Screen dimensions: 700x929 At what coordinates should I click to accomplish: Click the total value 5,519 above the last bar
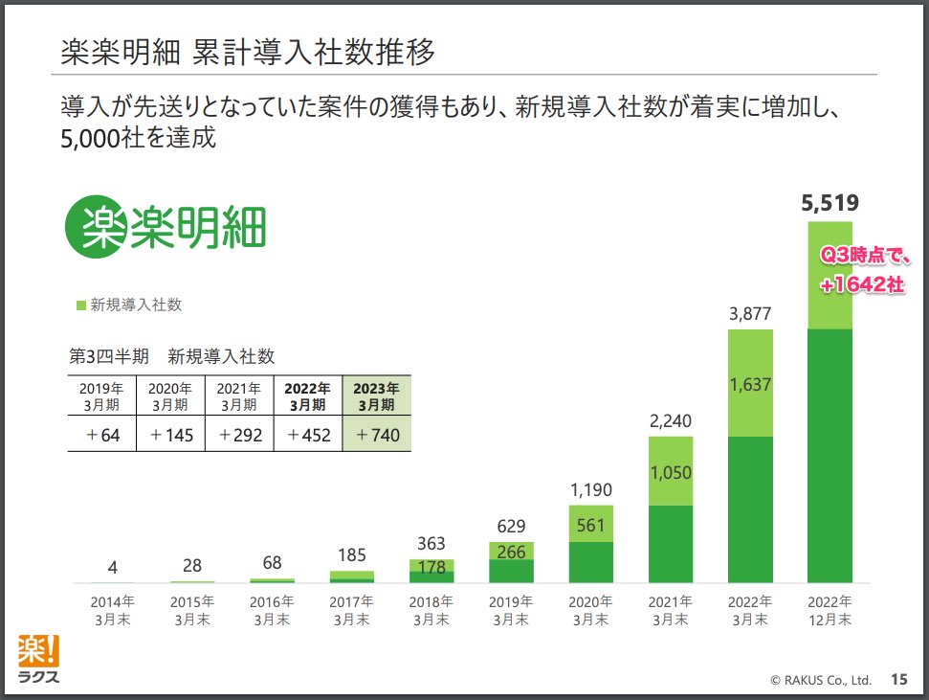(830, 202)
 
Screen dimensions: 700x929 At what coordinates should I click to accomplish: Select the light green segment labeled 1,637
(750, 383)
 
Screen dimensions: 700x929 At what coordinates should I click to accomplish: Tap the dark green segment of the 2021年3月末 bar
(671, 544)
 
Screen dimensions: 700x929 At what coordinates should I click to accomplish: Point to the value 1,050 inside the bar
(671, 472)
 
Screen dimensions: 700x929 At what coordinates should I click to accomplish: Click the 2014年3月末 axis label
(113, 611)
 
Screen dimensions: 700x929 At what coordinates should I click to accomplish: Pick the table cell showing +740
(376, 435)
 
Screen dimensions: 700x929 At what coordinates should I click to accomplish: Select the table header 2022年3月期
(308, 395)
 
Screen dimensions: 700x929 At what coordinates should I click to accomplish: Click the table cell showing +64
(101, 435)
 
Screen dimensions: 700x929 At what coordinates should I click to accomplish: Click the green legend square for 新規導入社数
(80, 305)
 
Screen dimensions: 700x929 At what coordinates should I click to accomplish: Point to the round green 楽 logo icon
(96, 228)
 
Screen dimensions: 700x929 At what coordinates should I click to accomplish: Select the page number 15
(898, 680)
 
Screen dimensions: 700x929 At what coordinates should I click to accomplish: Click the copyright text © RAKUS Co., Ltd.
(820, 681)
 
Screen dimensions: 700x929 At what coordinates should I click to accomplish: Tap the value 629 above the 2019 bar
(511, 526)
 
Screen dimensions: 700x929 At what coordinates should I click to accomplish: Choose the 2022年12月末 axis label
(830, 611)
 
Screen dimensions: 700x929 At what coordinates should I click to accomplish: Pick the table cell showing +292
(239, 435)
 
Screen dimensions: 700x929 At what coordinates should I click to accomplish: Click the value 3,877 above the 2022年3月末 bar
(750, 314)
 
